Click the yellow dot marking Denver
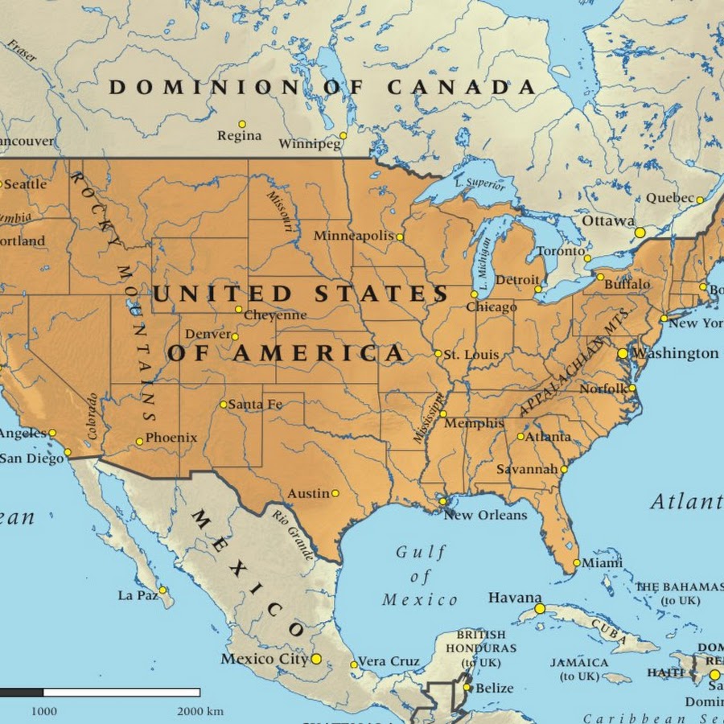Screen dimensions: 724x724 235,336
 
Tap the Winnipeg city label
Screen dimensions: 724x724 310,144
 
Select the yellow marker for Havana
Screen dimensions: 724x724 540,609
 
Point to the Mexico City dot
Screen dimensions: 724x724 316,659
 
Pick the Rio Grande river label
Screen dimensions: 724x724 292,535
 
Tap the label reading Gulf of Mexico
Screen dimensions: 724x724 420,576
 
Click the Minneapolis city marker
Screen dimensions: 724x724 400,237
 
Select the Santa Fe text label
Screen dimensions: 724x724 255,405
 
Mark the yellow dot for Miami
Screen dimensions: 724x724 577,563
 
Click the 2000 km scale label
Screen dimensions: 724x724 202,711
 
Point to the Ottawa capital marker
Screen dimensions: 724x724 640,232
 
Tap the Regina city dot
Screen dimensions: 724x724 242,125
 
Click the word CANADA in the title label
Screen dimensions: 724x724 461,88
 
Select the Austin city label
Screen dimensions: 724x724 309,493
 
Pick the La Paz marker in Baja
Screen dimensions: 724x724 162,590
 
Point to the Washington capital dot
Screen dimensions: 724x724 622,353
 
